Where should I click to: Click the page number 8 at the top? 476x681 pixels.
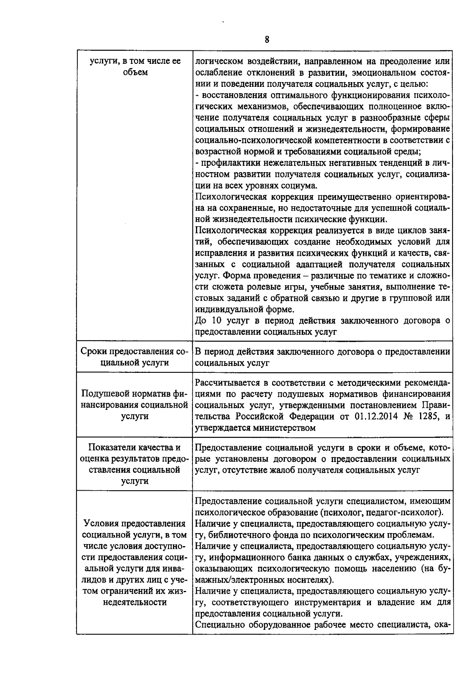(x=267, y=40)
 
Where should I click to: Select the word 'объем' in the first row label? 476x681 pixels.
(x=135, y=73)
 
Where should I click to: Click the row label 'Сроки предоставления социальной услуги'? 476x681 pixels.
(x=135, y=357)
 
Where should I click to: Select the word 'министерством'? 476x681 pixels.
(x=286, y=428)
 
